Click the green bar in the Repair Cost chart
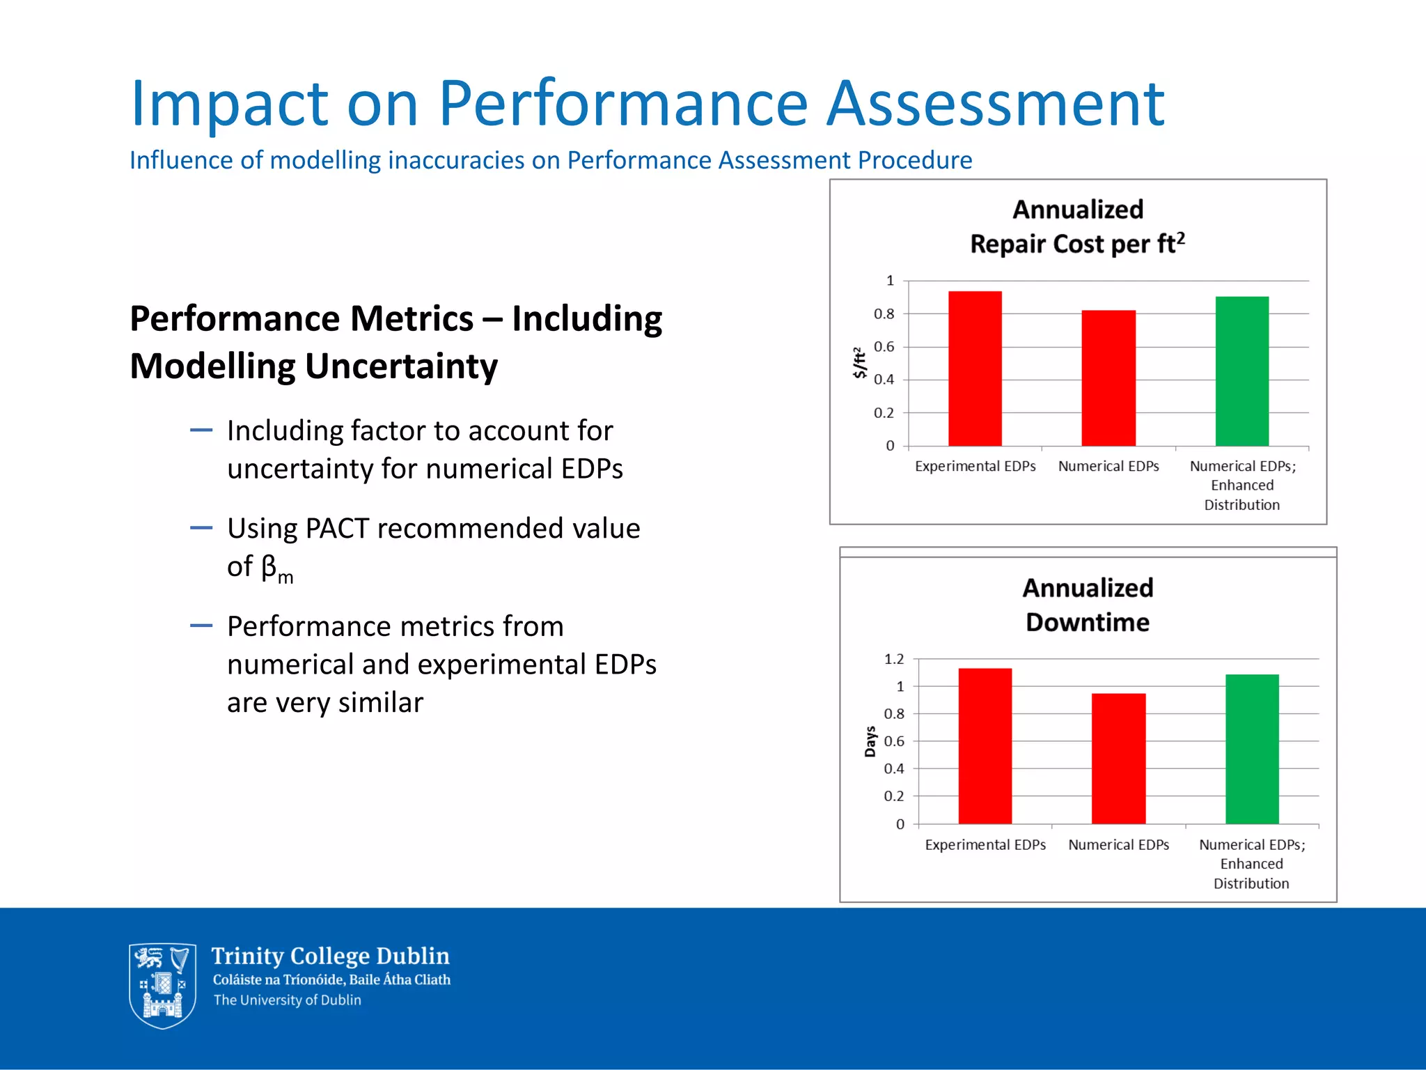pyautogui.click(x=1241, y=371)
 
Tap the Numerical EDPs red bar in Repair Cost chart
pyautogui.click(x=1108, y=378)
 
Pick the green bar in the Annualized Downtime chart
pyautogui.click(x=1251, y=749)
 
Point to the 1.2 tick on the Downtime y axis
pyautogui.click(x=894, y=659)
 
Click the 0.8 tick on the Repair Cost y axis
pyautogui.click(x=884, y=314)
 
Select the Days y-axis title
pyautogui.click(x=870, y=741)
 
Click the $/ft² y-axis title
pyautogui.click(x=860, y=362)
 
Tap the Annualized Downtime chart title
pyautogui.click(x=1088, y=605)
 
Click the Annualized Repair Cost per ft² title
pyautogui.click(x=1077, y=226)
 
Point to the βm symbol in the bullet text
pyautogui.click(x=276, y=568)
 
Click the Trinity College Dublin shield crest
pyautogui.click(x=162, y=985)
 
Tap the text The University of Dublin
pyautogui.click(x=287, y=1000)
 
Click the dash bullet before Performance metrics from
pyautogui.click(x=201, y=626)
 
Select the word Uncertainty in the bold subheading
pyautogui.click(x=401, y=366)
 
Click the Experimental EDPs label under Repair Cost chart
pyautogui.click(x=975, y=466)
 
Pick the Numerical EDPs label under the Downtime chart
pyautogui.click(x=1118, y=844)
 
